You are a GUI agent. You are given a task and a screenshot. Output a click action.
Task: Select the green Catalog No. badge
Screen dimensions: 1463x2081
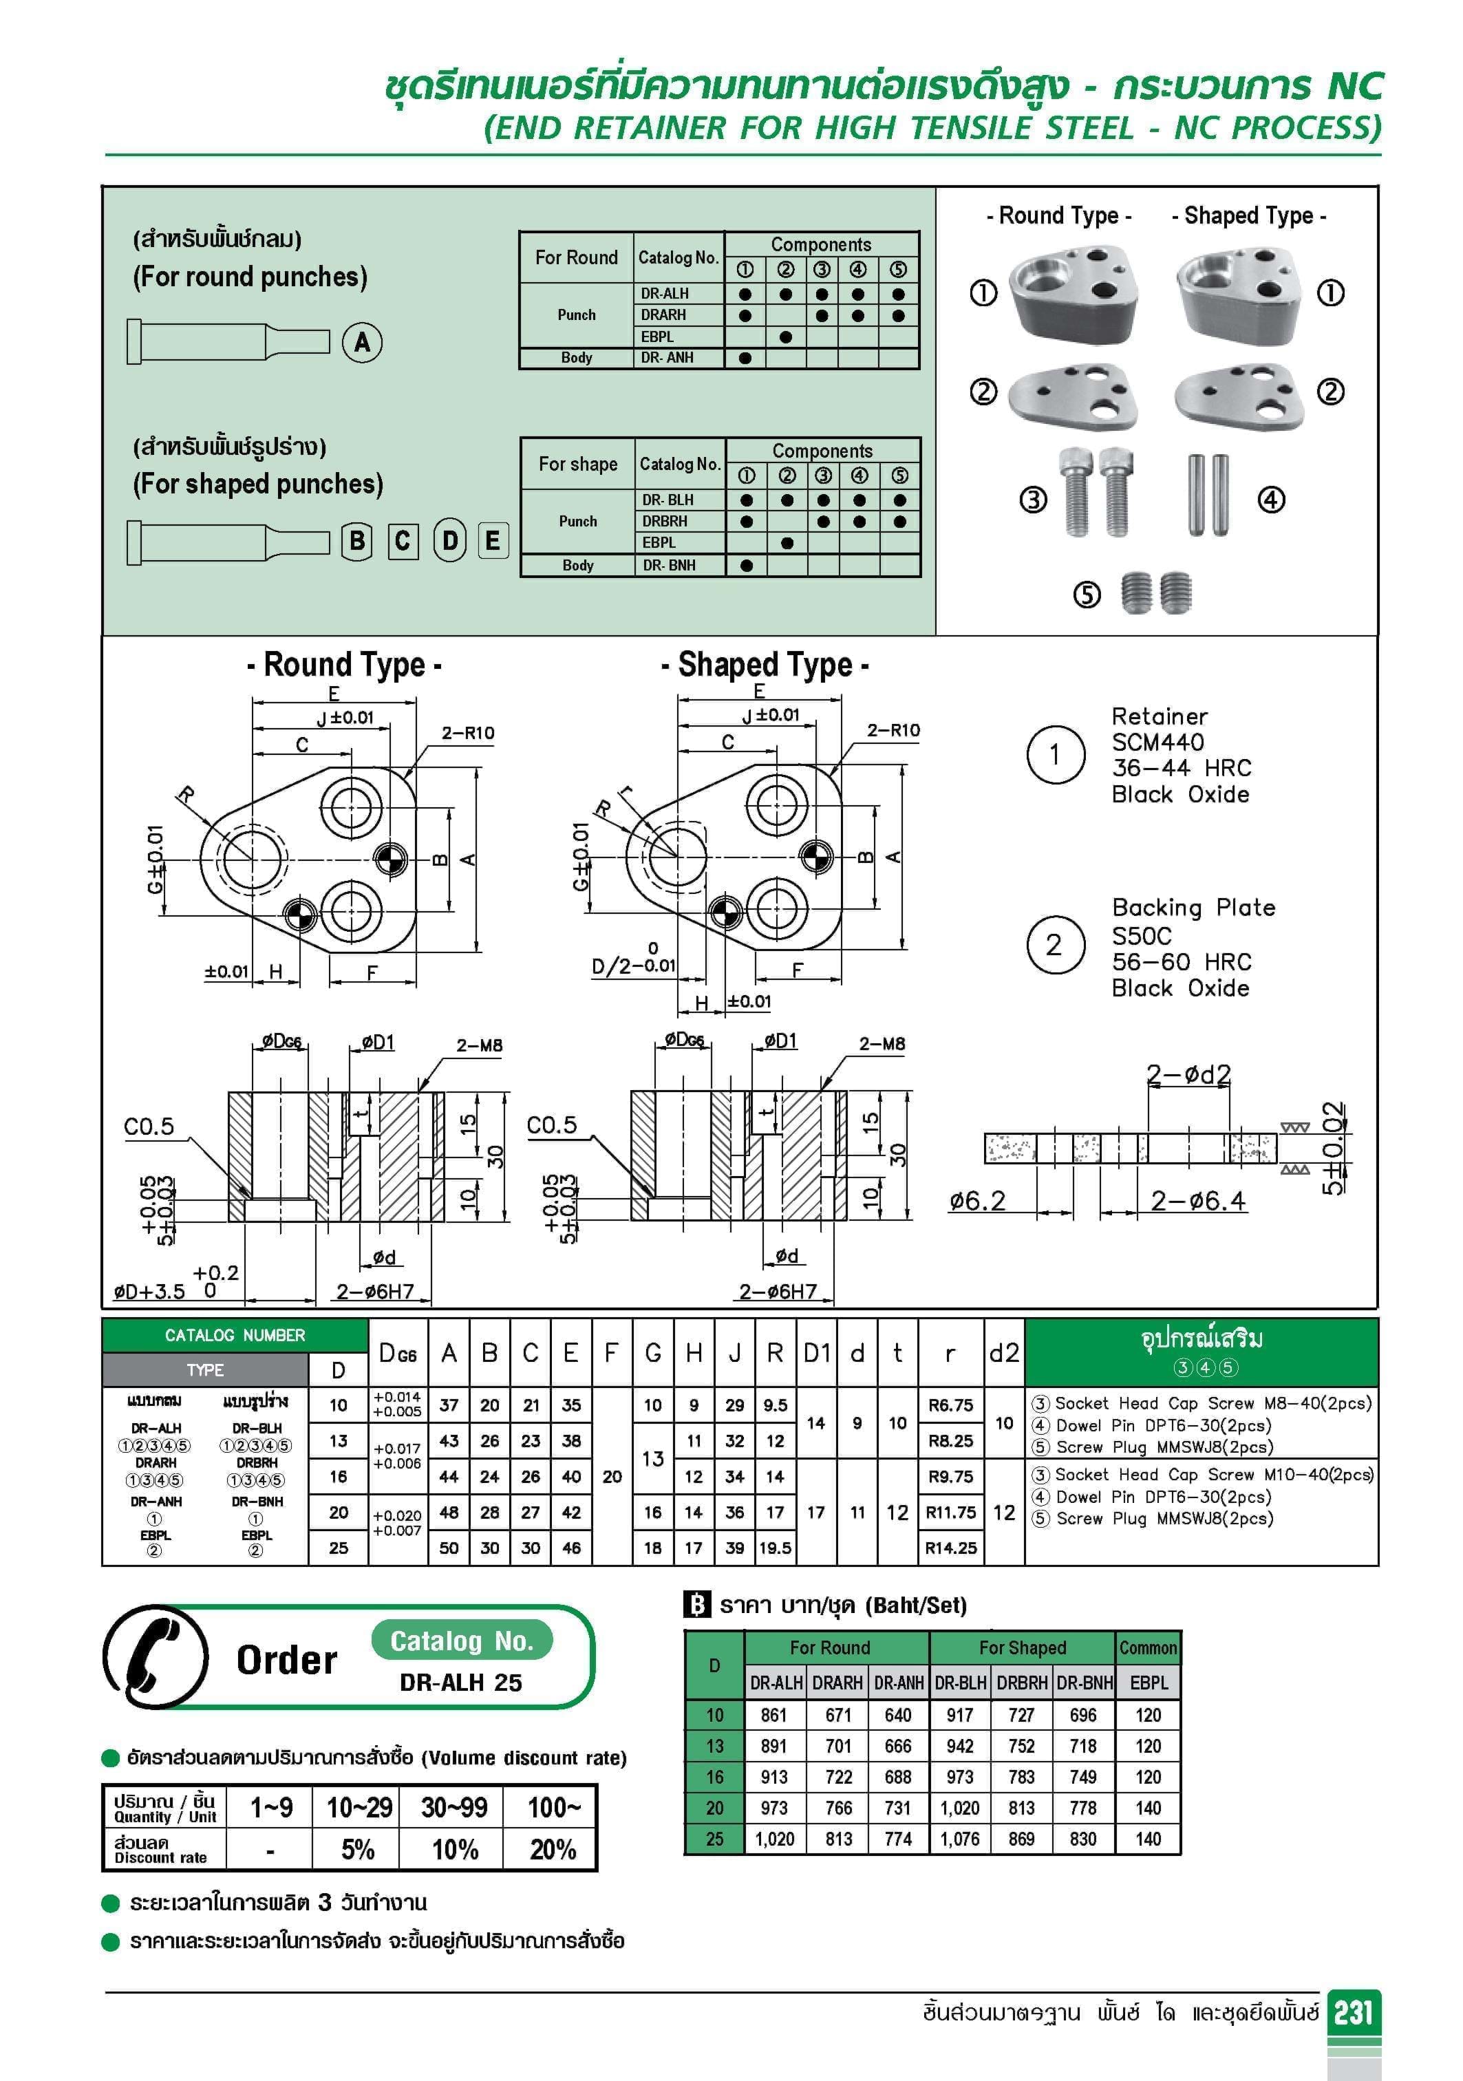coord(461,1641)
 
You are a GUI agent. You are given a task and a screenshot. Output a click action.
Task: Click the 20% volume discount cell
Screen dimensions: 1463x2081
coord(552,1849)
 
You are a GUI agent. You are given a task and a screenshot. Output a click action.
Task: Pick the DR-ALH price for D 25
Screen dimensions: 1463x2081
coord(774,1839)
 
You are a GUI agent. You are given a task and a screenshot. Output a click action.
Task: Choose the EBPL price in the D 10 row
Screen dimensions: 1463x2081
coord(1148,1715)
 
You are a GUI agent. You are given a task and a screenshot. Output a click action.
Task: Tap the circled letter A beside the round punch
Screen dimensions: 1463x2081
coord(362,343)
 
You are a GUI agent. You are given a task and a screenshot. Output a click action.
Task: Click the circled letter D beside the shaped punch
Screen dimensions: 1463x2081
coord(449,540)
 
